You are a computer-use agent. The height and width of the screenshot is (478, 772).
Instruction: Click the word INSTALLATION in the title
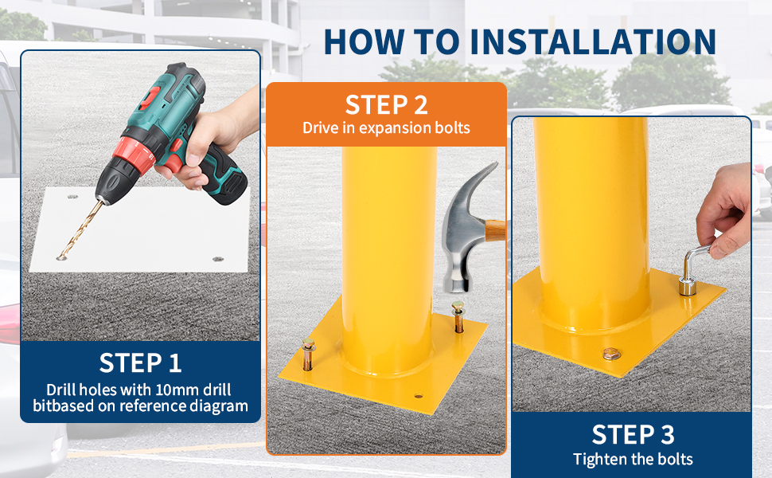pos(593,41)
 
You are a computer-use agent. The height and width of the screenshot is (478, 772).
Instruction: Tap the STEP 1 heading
pos(140,362)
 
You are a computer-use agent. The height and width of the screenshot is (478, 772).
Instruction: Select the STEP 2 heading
pos(387,104)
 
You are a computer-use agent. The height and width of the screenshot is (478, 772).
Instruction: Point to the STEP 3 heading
pos(634,435)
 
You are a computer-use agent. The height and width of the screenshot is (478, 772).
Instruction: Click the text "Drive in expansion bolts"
pos(387,127)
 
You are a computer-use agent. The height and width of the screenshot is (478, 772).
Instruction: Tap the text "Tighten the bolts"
pos(634,459)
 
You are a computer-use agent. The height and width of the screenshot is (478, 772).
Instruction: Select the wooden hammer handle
pos(495,230)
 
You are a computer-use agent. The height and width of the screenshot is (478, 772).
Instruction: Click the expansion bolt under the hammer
pos(458,316)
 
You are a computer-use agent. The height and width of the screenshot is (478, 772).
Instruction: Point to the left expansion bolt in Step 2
pos(308,354)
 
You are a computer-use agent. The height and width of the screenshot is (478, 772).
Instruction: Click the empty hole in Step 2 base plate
pos(419,396)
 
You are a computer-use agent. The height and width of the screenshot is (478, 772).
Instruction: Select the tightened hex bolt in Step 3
pos(611,354)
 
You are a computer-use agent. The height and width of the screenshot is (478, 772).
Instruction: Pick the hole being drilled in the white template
pos(62,257)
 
